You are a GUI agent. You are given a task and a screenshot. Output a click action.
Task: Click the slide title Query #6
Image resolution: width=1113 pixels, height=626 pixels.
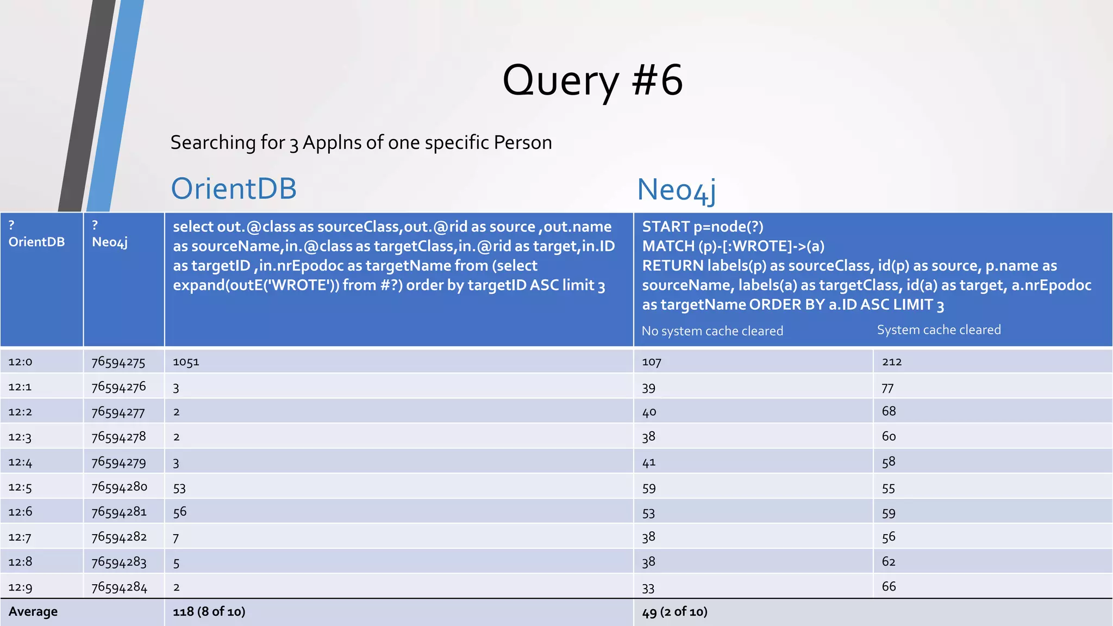[592, 80]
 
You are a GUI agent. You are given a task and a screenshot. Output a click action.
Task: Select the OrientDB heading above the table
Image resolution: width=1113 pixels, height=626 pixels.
[234, 189]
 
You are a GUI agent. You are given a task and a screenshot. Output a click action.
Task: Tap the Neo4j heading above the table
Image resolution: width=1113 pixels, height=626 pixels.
[676, 190]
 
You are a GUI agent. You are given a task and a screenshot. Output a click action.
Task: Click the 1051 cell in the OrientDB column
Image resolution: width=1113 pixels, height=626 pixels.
[186, 362]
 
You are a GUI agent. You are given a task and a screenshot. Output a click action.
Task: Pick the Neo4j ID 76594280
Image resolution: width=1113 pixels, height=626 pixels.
[119, 487]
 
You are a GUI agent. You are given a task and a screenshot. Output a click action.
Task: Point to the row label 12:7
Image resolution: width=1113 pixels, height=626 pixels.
[20, 537]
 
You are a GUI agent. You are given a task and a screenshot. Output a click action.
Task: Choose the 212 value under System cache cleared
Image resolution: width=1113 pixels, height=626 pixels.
[892, 362]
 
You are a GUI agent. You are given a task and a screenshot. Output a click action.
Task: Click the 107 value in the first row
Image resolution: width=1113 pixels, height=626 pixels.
[651, 362]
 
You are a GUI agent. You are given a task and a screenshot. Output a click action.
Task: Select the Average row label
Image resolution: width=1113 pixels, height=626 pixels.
[33, 612]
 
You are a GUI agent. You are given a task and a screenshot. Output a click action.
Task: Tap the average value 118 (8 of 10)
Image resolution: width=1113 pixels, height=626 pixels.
[209, 612]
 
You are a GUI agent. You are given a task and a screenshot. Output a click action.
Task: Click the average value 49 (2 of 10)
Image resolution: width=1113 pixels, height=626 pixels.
[674, 612]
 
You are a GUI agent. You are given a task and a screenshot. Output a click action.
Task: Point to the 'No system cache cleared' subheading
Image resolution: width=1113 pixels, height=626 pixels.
[712, 331]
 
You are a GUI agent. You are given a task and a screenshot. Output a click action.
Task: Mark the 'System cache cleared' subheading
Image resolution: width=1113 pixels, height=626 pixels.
[939, 330]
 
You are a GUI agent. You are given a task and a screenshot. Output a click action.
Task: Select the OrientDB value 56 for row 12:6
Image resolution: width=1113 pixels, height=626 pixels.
[180, 512]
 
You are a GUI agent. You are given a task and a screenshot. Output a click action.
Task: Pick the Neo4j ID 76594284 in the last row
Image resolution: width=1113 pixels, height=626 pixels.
[119, 587]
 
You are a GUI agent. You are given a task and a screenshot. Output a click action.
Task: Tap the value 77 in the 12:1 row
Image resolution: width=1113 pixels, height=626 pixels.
[887, 387]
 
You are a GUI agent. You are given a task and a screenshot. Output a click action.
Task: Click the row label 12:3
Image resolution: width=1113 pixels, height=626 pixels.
[20, 437]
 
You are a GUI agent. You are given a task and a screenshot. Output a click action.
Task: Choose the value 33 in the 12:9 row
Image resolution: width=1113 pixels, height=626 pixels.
[648, 587]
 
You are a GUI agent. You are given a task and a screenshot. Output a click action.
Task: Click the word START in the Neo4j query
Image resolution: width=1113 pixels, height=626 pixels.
[665, 227]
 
